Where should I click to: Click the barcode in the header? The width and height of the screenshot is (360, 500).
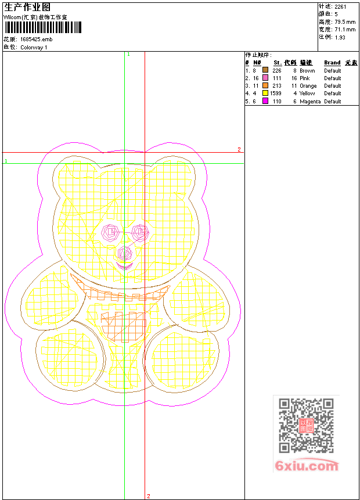[x=43, y=27]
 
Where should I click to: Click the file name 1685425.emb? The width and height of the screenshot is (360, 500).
[x=37, y=39]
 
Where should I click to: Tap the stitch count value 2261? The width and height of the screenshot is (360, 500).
[x=340, y=7]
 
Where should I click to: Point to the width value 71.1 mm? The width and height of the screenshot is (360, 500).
[x=345, y=30]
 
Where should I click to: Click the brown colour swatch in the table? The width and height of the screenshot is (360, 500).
[x=265, y=70]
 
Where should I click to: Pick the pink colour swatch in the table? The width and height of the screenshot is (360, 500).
[x=265, y=77]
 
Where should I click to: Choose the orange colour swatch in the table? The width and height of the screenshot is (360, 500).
[x=265, y=85]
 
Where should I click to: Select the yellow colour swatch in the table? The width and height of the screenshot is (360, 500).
[x=265, y=93]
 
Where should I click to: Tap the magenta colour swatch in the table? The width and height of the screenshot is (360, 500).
[x=265, y=101]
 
